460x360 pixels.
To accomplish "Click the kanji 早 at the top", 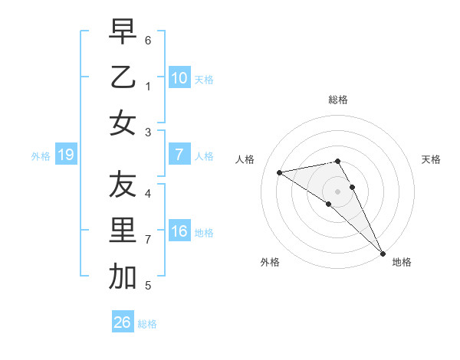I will point(122,33).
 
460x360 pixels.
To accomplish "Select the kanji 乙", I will point(122,78).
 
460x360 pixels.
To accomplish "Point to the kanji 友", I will point(122,185).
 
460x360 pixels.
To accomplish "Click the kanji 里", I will point(122,231).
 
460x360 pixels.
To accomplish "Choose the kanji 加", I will point(122,277).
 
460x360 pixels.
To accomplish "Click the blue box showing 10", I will point(179,78).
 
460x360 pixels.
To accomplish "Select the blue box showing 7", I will point(179,155).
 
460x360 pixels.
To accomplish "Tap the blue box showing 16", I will point(179,231).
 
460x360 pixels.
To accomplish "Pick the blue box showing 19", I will point(65,155).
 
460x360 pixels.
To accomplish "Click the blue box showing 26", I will point(122,322).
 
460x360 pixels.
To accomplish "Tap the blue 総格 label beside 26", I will point(147,324).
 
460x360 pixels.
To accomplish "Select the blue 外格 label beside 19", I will point(41,156).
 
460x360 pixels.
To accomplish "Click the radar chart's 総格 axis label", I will point(338,100).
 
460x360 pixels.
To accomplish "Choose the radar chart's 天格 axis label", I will point(431,159).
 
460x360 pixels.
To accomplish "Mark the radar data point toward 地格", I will point(383,254).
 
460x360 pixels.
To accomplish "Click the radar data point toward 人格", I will point(280,172).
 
